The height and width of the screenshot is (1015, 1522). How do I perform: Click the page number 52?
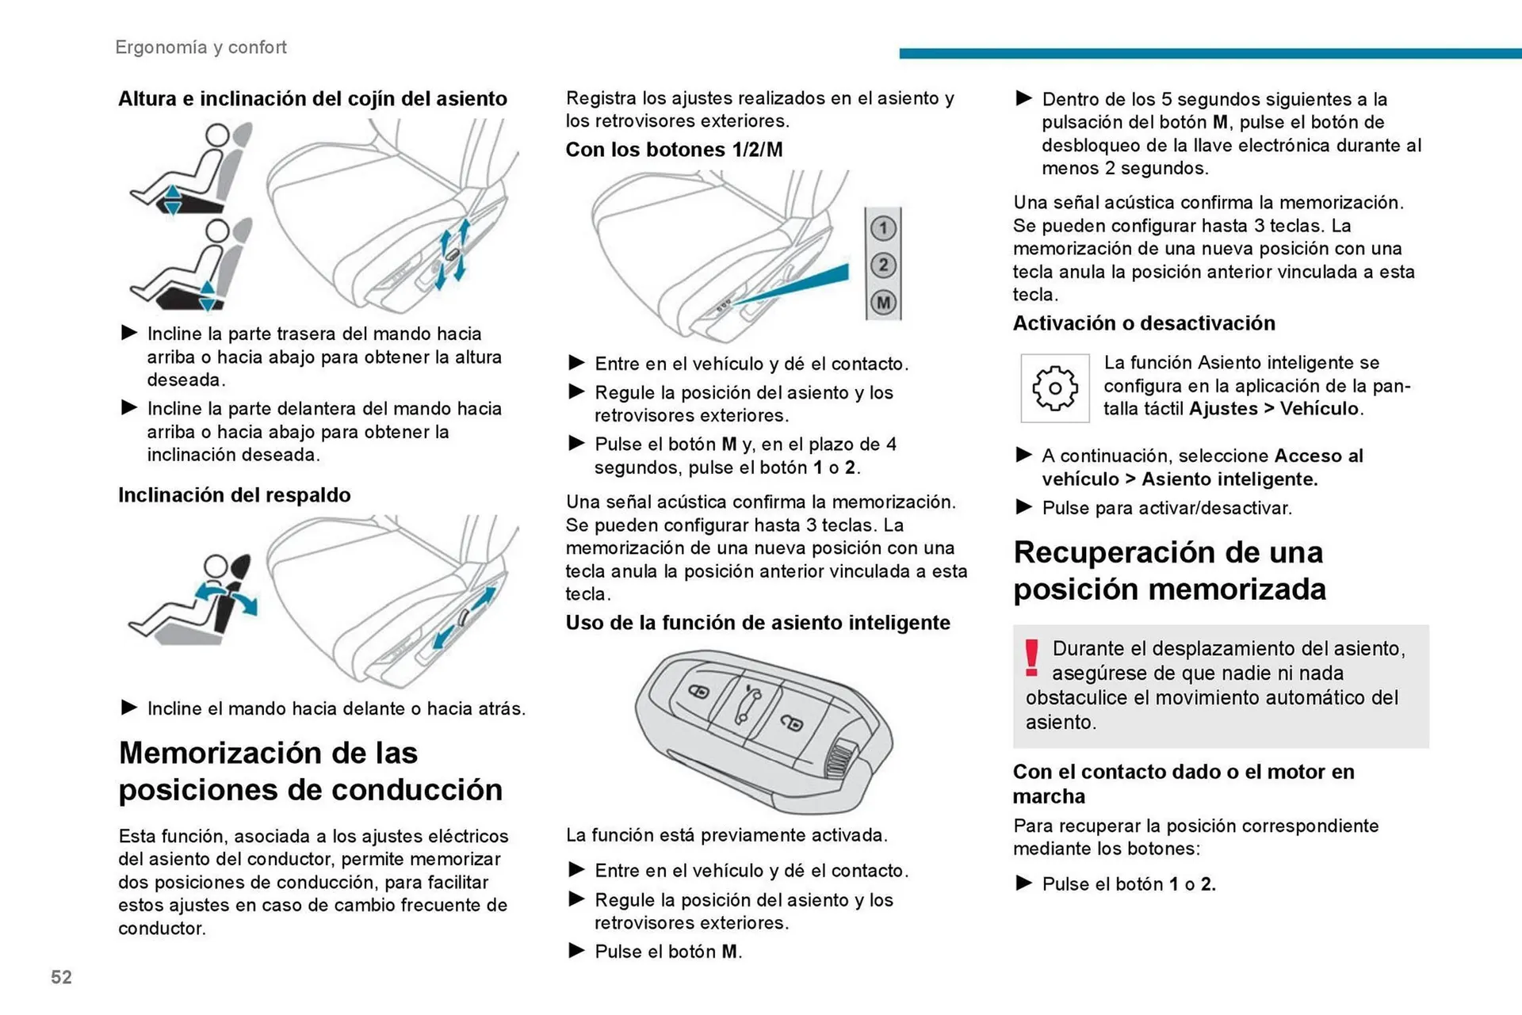(x=61, y=977)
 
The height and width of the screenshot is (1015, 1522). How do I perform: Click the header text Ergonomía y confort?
(x=201, y=48)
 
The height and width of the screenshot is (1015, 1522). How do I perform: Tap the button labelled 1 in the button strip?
(x=883, y=229)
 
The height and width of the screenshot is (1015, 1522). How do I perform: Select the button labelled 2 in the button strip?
(x=883, y=265)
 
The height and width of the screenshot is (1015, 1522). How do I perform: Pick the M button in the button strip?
(x=883, y=303)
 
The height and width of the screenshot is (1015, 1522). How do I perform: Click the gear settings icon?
(x=1054, y=388)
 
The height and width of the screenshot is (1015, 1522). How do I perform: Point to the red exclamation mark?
(x=1031, y=658)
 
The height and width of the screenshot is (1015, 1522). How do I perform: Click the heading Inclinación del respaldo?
(x=234, y=495)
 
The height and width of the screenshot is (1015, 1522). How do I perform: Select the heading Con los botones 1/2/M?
(x=674, y=150)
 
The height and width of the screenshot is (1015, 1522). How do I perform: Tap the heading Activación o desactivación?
(x=1143, y=323)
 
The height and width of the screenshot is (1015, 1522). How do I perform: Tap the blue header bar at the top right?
(x=1209, y=54)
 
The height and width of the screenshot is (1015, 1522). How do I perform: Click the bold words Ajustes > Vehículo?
(x=1275, y=409)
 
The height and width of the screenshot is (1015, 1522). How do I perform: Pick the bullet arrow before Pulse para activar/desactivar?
(x=1023, y=507)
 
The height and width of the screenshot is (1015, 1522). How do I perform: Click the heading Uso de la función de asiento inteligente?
(x=757, y=623)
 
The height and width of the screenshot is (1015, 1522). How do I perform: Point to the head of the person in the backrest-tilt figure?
(x=216, y=567)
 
